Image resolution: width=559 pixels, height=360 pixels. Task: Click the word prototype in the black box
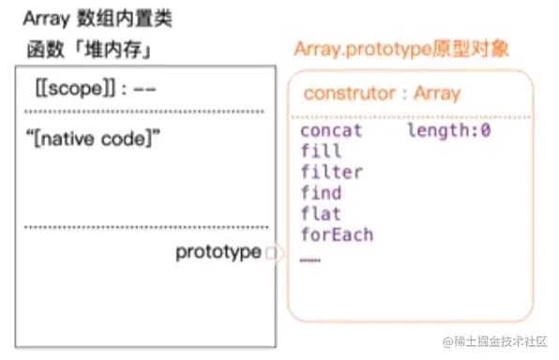(218, 252)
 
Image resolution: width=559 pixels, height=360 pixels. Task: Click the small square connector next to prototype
(270, 253)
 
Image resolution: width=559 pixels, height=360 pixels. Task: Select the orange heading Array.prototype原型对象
(401, 50)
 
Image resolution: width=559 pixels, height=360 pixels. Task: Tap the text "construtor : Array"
(382, 93)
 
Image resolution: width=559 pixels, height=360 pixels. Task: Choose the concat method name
(331, 131)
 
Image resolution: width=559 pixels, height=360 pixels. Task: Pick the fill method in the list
(321, 152)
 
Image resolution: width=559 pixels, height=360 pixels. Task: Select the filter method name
(331, 172)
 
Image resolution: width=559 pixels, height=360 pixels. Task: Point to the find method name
(321, 193)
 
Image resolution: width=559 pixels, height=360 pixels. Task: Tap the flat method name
(321, 214)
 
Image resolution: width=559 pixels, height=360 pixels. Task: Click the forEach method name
(337, 234)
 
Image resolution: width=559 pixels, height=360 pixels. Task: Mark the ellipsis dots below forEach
(310, 259)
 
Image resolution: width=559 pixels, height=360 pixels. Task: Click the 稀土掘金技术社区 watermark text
(495, 341)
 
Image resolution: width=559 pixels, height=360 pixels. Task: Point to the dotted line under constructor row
(413, 116)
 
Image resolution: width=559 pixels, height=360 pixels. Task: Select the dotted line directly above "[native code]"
(144, 112)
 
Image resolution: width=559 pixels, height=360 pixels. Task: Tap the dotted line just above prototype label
(144, 227)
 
